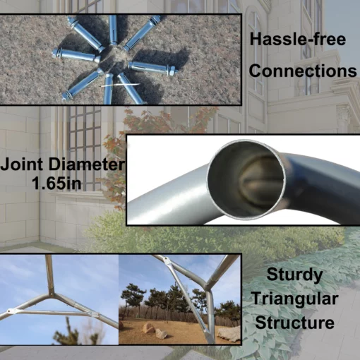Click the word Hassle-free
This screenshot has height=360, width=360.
tap(298, 39)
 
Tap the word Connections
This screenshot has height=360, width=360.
tap(303, 71)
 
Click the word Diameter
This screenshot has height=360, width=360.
tap(86, 164)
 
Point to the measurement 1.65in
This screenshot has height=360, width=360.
tap(56, 183)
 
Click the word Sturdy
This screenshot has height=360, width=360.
tap(294, 275)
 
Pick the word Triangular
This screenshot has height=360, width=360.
tap(295, 299)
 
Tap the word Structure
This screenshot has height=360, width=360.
tap(295, 323)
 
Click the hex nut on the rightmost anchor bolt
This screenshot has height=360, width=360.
tap(173, 71)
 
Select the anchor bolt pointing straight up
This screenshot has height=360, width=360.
tap(113, 30)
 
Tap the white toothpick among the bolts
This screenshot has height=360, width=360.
tap(120, 85)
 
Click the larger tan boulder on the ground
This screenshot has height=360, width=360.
tap(149, 328)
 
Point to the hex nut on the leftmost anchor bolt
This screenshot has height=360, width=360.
tap(55, 53)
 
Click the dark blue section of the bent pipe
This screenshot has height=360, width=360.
tap(325, 186)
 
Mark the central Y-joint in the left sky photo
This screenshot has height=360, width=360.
tap(51, 294)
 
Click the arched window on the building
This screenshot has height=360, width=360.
tap(256, 52)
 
